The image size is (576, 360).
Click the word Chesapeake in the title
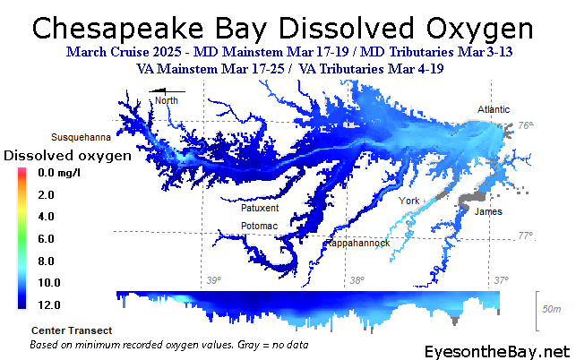coord(117,29)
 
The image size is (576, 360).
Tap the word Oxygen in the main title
coord(480,30)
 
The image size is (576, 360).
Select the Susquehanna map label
coord(81,137)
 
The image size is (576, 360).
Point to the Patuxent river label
coord(260,208)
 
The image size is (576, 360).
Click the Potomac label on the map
coord(259,226)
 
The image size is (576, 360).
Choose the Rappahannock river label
coord(357,244)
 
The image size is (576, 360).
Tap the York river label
coord(408,201)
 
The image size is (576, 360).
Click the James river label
coord(488,211)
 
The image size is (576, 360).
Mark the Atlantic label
coord(494,109)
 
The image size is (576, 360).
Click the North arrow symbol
coord(167,91)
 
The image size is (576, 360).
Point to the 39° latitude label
coord(214,280)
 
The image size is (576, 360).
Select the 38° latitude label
coord(357,280)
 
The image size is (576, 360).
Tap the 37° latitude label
coord(501,280)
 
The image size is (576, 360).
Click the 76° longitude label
coord(525,125)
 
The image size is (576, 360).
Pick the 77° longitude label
coord(525,236)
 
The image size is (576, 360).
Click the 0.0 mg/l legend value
coord(59,173)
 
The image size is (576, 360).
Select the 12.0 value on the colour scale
coord(49,304)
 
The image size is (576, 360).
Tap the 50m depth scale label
coord(552,309)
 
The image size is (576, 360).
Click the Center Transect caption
coord(72,330)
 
